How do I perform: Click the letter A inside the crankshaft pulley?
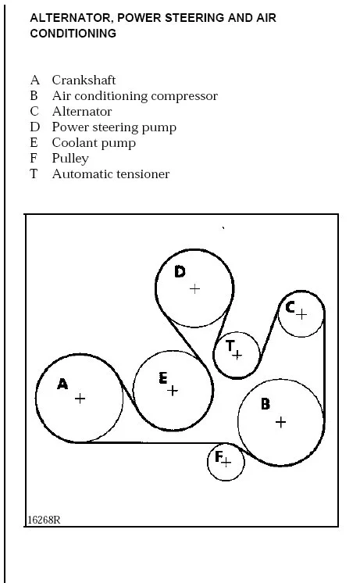pyautogui.click(x=62, y=384)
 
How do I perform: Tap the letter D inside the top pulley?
pyautogui.click(x=180, y=272)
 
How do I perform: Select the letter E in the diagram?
pyautogui.click(x=162, y=377)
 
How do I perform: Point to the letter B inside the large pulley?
pyautogui.click(x=266, y=404)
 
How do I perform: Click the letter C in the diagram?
pyautogui.click(x=290, y=307)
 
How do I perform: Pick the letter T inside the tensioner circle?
pyautogui.click(x=230, y=345)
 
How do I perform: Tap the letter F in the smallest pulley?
pyautogui.click(x=219, y=456)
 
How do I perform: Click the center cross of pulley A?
pyautogui.click(x=80, y=399)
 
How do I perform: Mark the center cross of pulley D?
pyautogui.click(x=194, y=289)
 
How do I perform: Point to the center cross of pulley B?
pyautogui.click(x=281, y=422)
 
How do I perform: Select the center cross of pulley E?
pyautogui.click(x=173, y=391)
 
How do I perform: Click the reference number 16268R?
pyautogui.click(x=44, y=520)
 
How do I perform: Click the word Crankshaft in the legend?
pyautogui.click(x=84, y=80)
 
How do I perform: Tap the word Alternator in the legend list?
pyautogui.click(x=82, y=111)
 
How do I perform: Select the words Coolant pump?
pyautogui.click(x=94, y=143)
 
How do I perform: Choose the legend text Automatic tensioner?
pyautogui.click(x=111, y=173)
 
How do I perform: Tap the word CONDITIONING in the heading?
pyautogui.click(x=73, y=33)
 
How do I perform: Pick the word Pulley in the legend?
pyautogui.click(x=70, y=159)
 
